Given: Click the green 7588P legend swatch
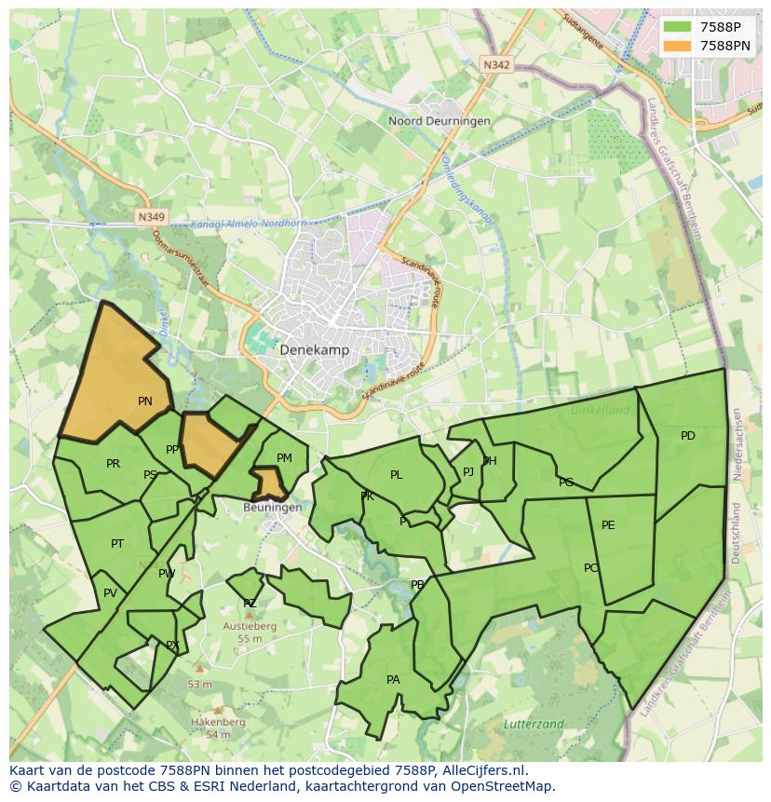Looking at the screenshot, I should click(678, 26).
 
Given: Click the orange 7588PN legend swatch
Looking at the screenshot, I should click(678, 45).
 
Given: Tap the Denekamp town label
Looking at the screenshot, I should click(314, 349).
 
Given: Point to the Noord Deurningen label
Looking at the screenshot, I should click(426, 121).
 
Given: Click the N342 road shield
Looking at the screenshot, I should click(496, 64).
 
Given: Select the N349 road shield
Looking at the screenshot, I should click(150, 217).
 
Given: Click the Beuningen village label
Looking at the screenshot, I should click(272, 508).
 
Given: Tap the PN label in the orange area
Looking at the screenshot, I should click(144, 401).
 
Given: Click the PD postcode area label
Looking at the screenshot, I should click(687, 436).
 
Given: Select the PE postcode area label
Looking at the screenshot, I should click(608, 525).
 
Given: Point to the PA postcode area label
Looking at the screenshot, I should click(393, 680).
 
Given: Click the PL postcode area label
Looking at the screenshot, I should click(396, 475).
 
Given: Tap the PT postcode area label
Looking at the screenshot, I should click(117, 544).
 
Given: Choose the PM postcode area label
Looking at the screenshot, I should click(284, 457).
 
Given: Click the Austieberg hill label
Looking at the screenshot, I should click(249, 627).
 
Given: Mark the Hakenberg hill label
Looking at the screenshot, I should click(218, 722).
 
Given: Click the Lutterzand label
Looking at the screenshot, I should click(534, 724).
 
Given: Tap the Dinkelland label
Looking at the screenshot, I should click(601, 409).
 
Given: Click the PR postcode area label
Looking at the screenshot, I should click(113, 464).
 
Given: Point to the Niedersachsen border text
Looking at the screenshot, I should click(737, 443).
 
